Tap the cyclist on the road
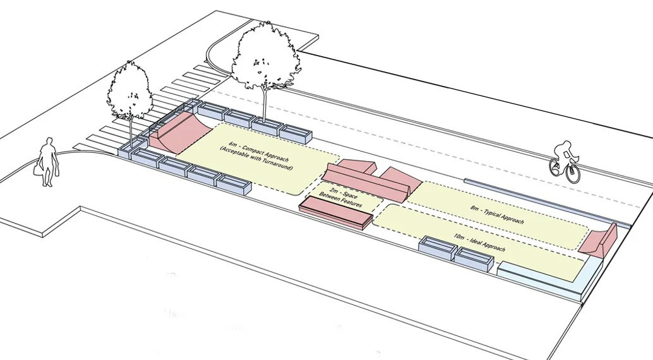click(563, 158)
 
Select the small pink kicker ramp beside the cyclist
click(601, 241)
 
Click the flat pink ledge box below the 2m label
click(335, 212)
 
